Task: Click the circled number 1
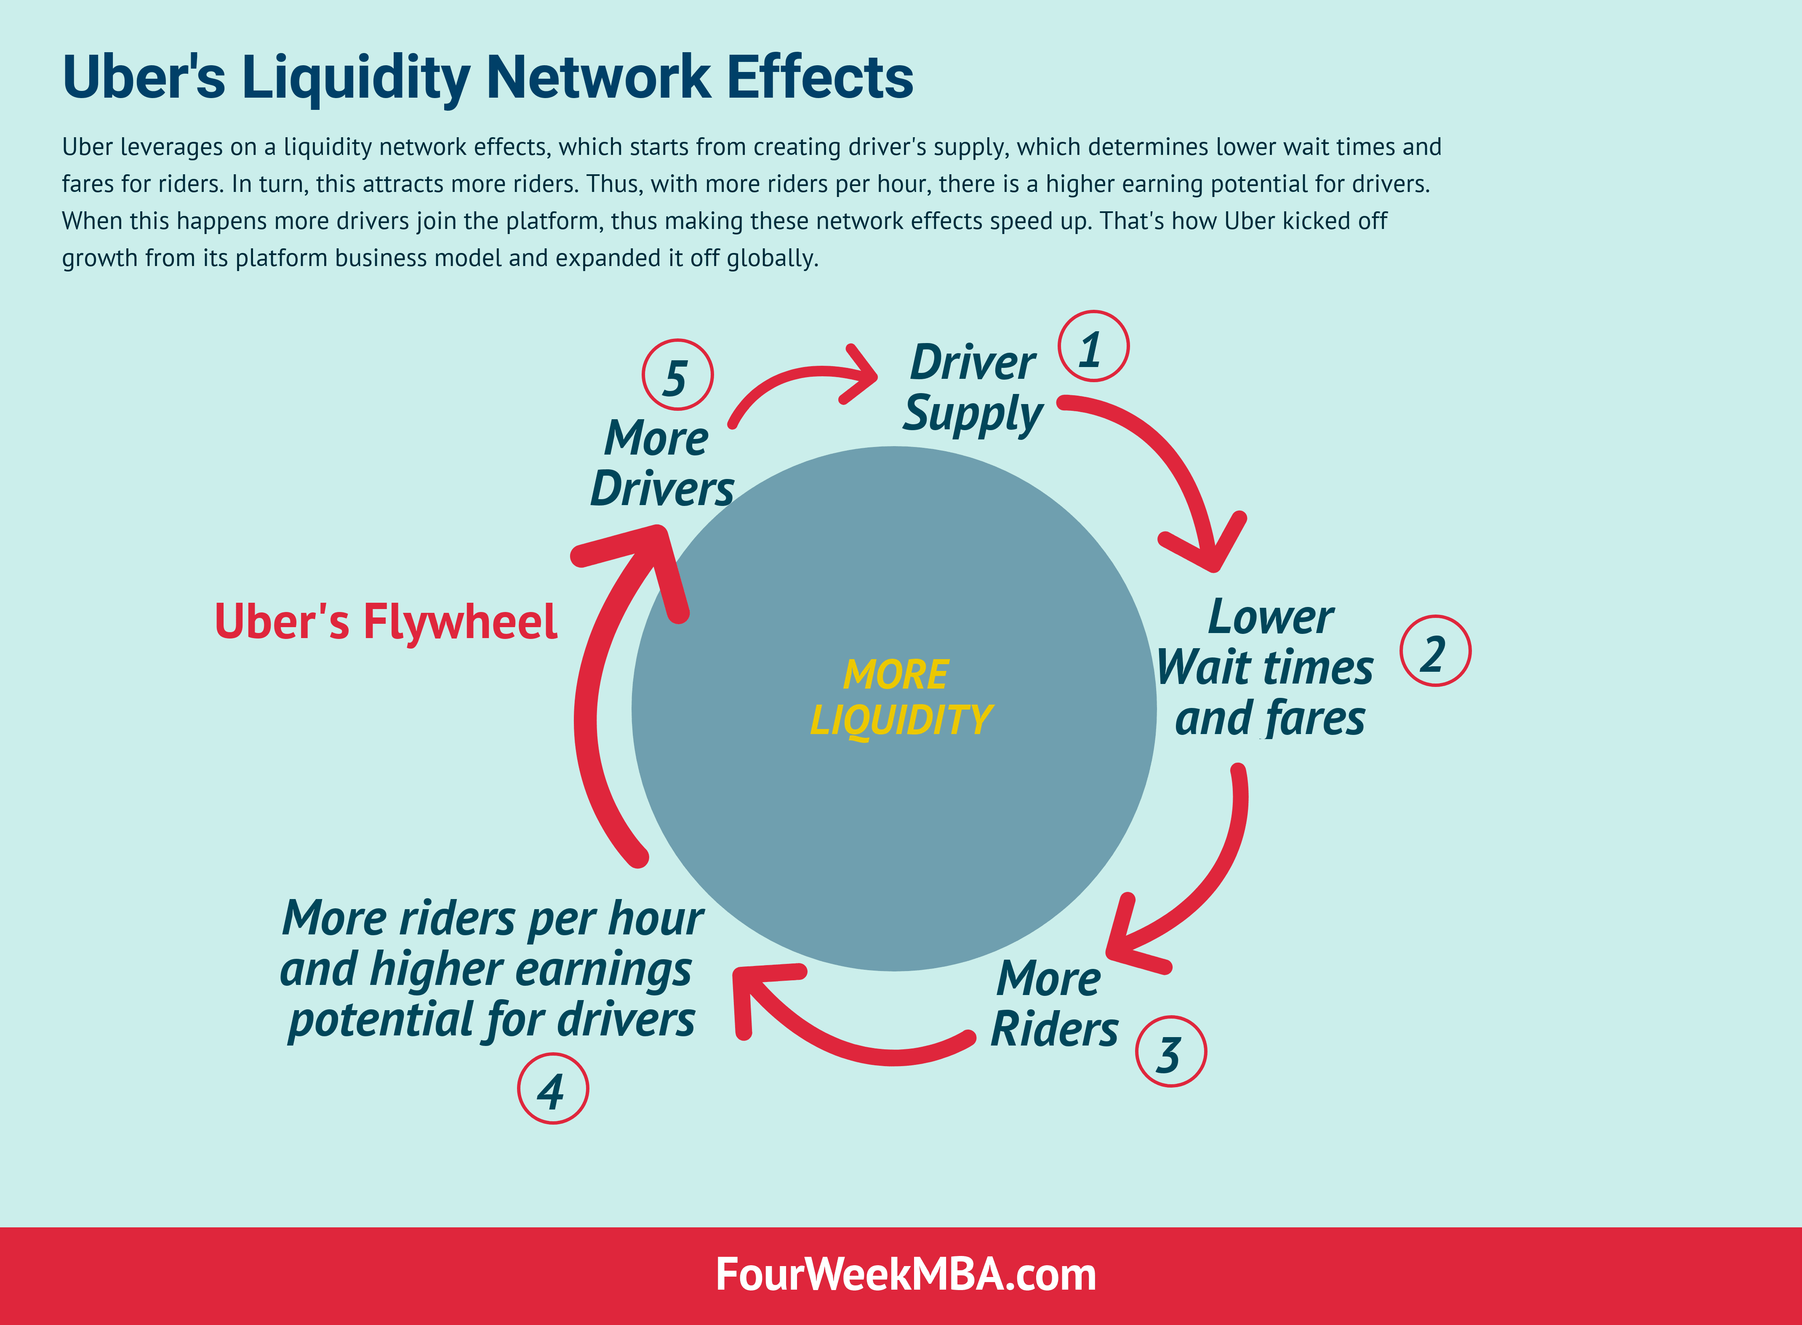(x=1093, y=346)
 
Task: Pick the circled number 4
(x=553, y=1088)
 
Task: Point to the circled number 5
(x=677, y=375)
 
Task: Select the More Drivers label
(x=661, y=463)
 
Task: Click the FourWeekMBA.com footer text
(x=905, y=1274)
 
